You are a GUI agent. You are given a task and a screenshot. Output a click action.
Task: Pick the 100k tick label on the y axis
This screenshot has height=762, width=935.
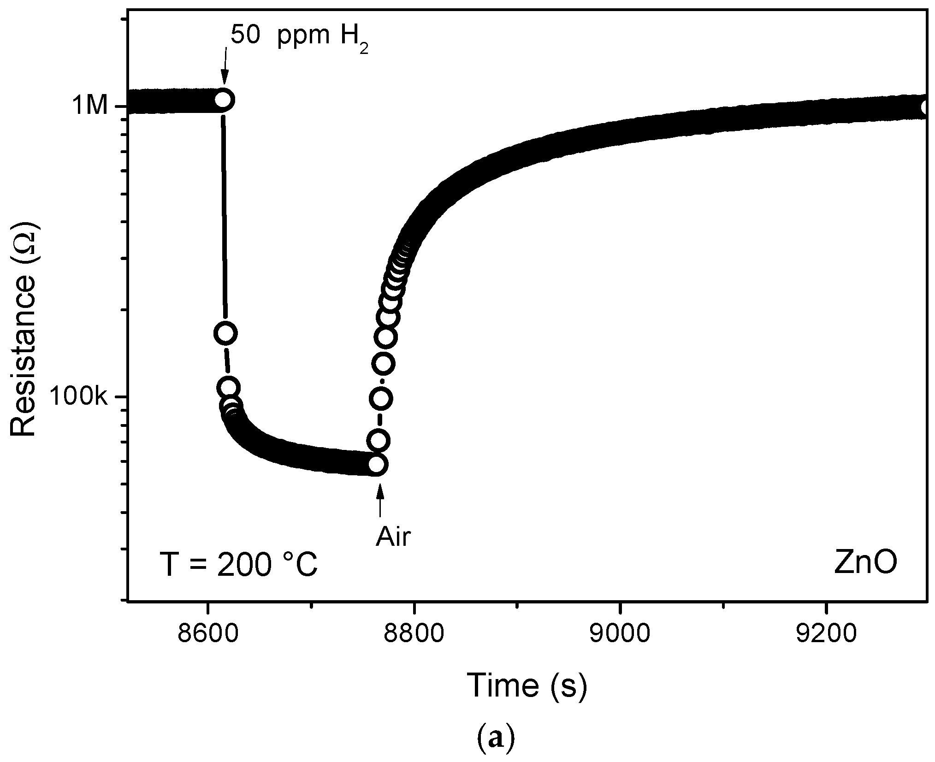(x=78, y=397)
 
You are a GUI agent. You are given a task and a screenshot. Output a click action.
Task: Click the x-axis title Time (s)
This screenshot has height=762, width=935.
(x=527, y=685)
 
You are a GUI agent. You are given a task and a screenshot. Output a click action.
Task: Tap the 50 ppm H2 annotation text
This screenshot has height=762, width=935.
(x=299, y=36)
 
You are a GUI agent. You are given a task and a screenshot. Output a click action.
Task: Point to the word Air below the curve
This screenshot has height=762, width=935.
(x=392, y=537)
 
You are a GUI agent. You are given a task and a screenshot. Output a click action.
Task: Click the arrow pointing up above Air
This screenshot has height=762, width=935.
(x=380, y=501)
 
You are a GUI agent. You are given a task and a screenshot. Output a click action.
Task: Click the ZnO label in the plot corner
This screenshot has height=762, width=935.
(x=865, y=563)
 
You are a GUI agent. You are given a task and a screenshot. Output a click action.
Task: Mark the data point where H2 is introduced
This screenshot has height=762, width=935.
(x=224, y=100)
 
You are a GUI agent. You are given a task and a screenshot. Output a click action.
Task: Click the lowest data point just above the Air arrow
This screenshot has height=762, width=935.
(x=377, y=465)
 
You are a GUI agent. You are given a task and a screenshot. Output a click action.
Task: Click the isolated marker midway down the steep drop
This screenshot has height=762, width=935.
(x=226, y=333)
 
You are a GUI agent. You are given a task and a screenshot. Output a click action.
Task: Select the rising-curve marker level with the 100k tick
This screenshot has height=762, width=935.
(x=381, y=398)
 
